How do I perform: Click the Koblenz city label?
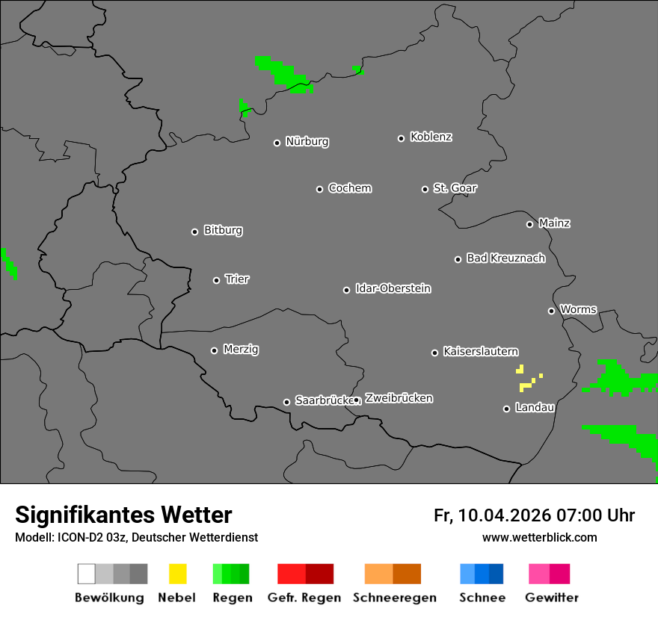click(x=431, y=137)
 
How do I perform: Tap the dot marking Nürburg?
click(x=277, y=143)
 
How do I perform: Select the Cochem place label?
click(x=350, y=188)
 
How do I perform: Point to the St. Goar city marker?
click(x=425, y=189)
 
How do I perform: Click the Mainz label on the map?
click(x=554, y=223)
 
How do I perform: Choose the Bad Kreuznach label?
click(x=505, y=258)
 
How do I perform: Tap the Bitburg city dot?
click(x=194, y=232)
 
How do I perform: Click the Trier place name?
click(x=237, y=279)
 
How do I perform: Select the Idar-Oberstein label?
click(x=393, y=289)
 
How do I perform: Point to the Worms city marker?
click(x=551, y=311)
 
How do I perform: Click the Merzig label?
click(x=241, y=350)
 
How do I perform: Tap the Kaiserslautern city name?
click(x=481, y=352)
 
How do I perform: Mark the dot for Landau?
click(x=506, y=409)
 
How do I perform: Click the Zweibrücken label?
click(x=399, y=399)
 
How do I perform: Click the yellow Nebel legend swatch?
click(x=177, y=574)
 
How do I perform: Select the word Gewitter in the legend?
click(x=552, y=598)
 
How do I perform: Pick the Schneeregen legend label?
click(x=394, y=598)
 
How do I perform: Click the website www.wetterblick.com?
click(x=539, y=538)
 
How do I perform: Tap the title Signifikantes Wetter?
click(x=123, y=515)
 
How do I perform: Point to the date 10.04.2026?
click(x=505, y=515)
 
